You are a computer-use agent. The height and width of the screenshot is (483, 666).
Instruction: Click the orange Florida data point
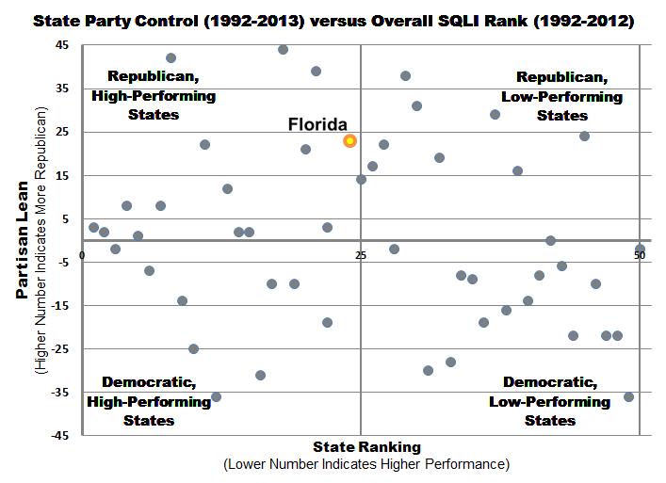350,140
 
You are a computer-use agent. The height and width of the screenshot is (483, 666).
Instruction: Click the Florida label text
317,124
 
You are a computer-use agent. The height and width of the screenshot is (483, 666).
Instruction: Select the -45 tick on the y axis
58,436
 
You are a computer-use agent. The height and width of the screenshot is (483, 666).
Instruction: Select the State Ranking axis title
367,447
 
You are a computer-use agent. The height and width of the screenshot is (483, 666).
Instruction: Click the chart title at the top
333,18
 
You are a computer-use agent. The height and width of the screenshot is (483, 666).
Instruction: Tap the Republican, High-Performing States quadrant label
154,95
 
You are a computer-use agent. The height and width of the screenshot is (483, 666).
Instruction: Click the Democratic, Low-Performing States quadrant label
549,401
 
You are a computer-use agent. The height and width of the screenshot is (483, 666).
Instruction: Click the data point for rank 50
640,249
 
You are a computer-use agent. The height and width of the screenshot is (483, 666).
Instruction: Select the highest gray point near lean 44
283,49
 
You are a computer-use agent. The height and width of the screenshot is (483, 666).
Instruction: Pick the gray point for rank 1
93,227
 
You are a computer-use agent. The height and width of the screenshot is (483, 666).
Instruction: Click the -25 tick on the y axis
58,349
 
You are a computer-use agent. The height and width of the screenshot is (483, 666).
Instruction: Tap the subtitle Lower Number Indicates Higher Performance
366,464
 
